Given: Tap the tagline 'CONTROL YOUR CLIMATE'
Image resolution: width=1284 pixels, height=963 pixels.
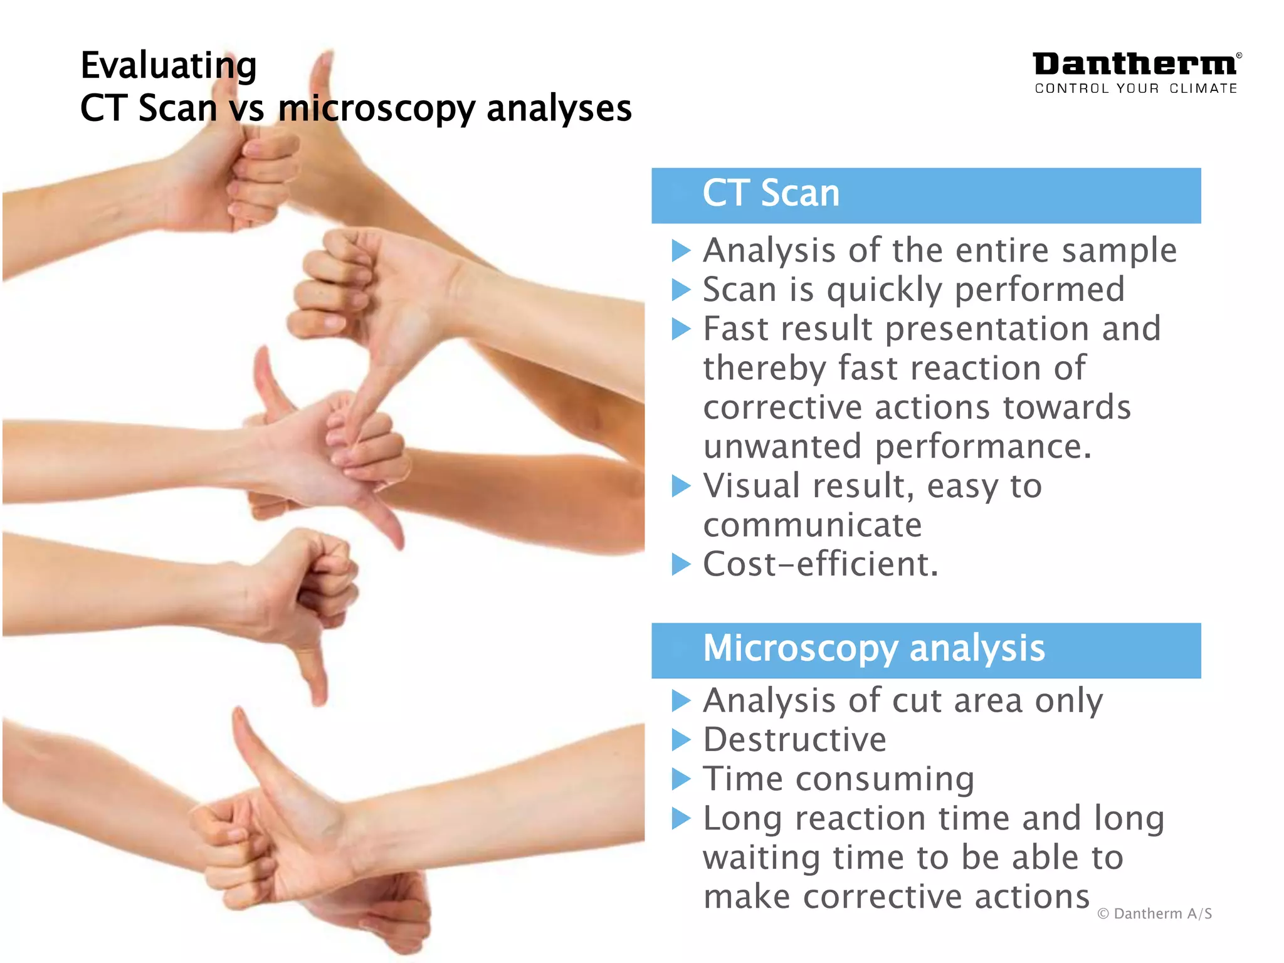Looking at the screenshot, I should click(1136, 88).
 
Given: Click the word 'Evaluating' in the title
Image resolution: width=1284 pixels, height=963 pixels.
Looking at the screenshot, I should click(169, 66).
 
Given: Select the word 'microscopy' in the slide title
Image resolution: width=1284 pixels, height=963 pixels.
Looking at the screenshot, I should click(377, 109).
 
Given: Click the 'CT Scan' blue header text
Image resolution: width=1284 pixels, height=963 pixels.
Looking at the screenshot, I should click(771, 193).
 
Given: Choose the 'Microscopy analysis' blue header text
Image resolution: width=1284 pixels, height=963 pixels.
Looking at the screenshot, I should click(874, 648).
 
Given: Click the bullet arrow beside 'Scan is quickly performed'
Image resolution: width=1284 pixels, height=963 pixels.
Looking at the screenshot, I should click(681, 290).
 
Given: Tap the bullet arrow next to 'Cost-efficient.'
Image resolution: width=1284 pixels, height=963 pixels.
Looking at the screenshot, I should click(681, 564).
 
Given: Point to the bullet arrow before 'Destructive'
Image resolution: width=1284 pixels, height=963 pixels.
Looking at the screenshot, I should click(681, 740).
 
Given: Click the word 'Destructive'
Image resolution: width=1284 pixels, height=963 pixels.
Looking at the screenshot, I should click(795, 740).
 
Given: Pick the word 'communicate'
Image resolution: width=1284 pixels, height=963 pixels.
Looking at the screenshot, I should click(813, 525).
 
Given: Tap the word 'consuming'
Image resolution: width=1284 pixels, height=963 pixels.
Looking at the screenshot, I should click(885, 779).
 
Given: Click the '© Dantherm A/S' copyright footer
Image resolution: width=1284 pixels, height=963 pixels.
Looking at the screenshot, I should click(1154, 913).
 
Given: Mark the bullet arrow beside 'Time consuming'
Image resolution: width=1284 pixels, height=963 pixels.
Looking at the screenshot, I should click(681, 779).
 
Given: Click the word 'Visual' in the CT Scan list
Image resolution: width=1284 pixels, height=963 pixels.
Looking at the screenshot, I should click(750, 486).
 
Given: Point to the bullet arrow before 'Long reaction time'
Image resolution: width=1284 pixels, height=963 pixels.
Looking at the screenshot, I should click(681, 818).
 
